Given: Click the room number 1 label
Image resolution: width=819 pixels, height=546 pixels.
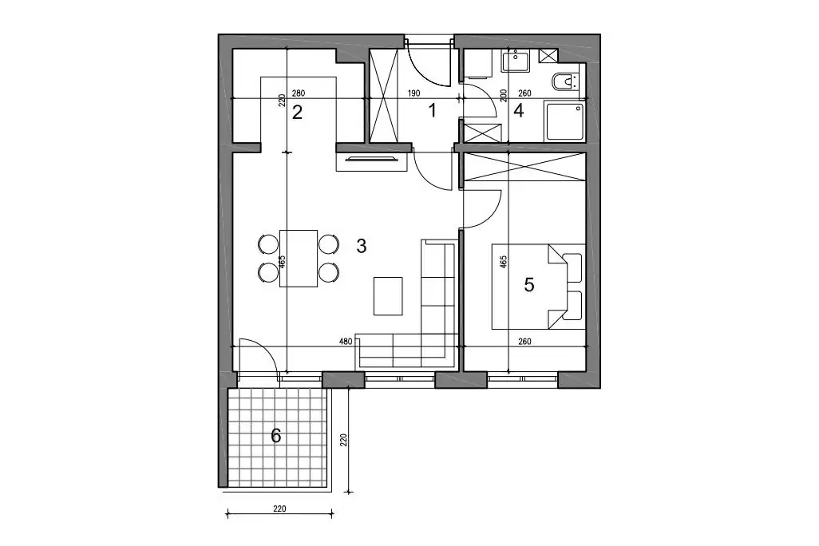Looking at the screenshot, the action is [432, 111].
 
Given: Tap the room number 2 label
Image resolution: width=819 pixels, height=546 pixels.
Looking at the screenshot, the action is [297, 112].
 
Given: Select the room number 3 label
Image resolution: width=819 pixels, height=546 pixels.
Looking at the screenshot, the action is [362, 246].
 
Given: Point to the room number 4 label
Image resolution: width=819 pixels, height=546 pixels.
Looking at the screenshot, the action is [519, 111].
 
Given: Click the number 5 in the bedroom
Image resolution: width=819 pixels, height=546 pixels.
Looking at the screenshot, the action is [529, 285].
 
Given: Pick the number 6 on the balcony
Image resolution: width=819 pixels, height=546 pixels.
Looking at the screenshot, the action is [275, 435].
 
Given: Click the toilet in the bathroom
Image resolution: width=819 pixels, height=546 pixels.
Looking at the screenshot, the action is [565, 82].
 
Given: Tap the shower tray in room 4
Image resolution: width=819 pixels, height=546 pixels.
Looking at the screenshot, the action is [564, 122].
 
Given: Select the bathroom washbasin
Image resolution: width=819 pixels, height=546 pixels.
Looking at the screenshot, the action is [516, 61].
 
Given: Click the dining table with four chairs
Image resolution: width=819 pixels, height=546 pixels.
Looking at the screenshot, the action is [299, 258].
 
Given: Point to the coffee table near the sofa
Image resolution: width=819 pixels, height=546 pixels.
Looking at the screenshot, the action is [388, 295].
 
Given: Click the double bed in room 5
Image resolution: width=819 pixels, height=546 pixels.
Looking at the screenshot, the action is [539, 287].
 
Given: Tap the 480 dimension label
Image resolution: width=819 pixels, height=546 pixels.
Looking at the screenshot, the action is [346, 342].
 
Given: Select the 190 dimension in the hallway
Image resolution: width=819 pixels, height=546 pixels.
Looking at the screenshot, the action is [413, 93].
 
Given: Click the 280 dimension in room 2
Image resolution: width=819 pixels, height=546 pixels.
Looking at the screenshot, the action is [299, 93].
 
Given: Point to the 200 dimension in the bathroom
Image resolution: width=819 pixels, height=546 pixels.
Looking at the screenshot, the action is [504, 95].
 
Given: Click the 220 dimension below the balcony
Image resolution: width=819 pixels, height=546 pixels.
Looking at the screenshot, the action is [279, 508].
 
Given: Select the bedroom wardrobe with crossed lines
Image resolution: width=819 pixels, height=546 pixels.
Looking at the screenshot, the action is [524, 167].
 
